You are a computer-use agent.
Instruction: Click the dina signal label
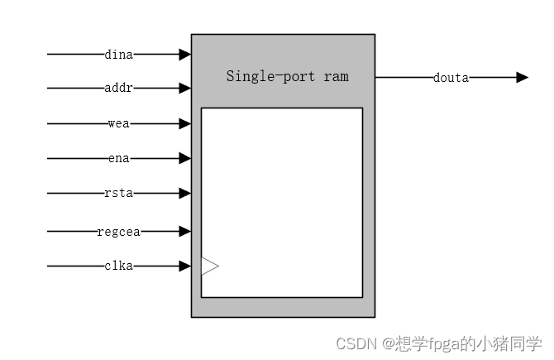tap(119, 55)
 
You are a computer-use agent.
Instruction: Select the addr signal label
tap(119, 88)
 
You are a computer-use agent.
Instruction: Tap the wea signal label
tap(119, 124)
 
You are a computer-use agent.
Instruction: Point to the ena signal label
tap(119, 158)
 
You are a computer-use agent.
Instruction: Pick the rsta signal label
tap(119, 194)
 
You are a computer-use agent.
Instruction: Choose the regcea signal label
tap(119, 232)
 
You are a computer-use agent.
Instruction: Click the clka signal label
tap(119, 266)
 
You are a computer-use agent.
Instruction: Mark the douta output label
tap(451, 78)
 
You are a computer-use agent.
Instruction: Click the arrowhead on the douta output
tap(522, 78)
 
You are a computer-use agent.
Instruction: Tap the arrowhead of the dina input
tap(185, 55)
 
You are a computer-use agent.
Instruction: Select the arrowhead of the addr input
tap(185, 88)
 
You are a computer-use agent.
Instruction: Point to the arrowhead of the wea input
tap(185, 124)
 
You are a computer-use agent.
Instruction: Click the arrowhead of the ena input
tap(185, 158)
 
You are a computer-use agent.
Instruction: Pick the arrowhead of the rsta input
tap(185, 194)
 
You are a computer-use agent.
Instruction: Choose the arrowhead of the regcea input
tap(185, 232)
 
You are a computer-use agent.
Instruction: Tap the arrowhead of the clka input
tap(185, 266)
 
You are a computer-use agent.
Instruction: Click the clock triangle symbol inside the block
tap(209, 266)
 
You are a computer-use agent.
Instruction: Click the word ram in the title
tap(337, 76)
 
